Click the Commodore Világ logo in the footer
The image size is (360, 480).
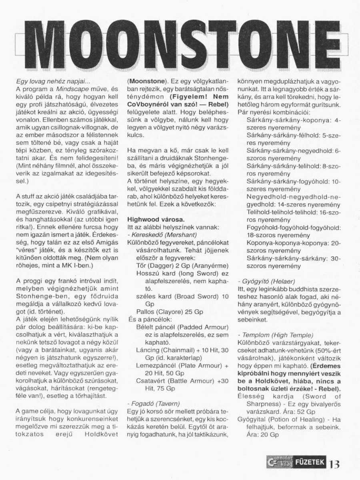pos(278,463)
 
